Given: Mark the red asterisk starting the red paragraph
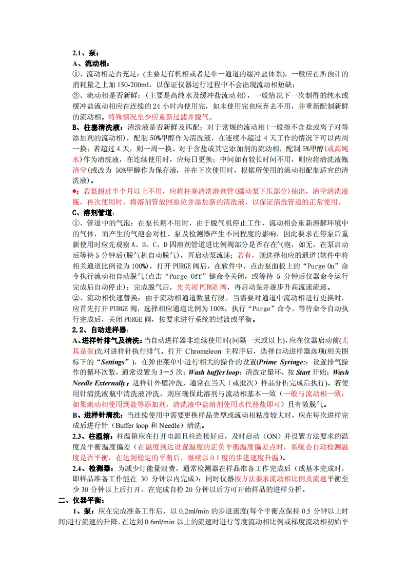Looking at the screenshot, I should pyautogui.click(x=74, y=191).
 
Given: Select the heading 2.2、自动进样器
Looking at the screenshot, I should pyautogui.click(x=100, y=330).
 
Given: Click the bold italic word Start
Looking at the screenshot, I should pyautogui.click(x=303, y=373).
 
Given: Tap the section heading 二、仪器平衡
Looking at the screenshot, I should pyautogui.click(x=81, y=500).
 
